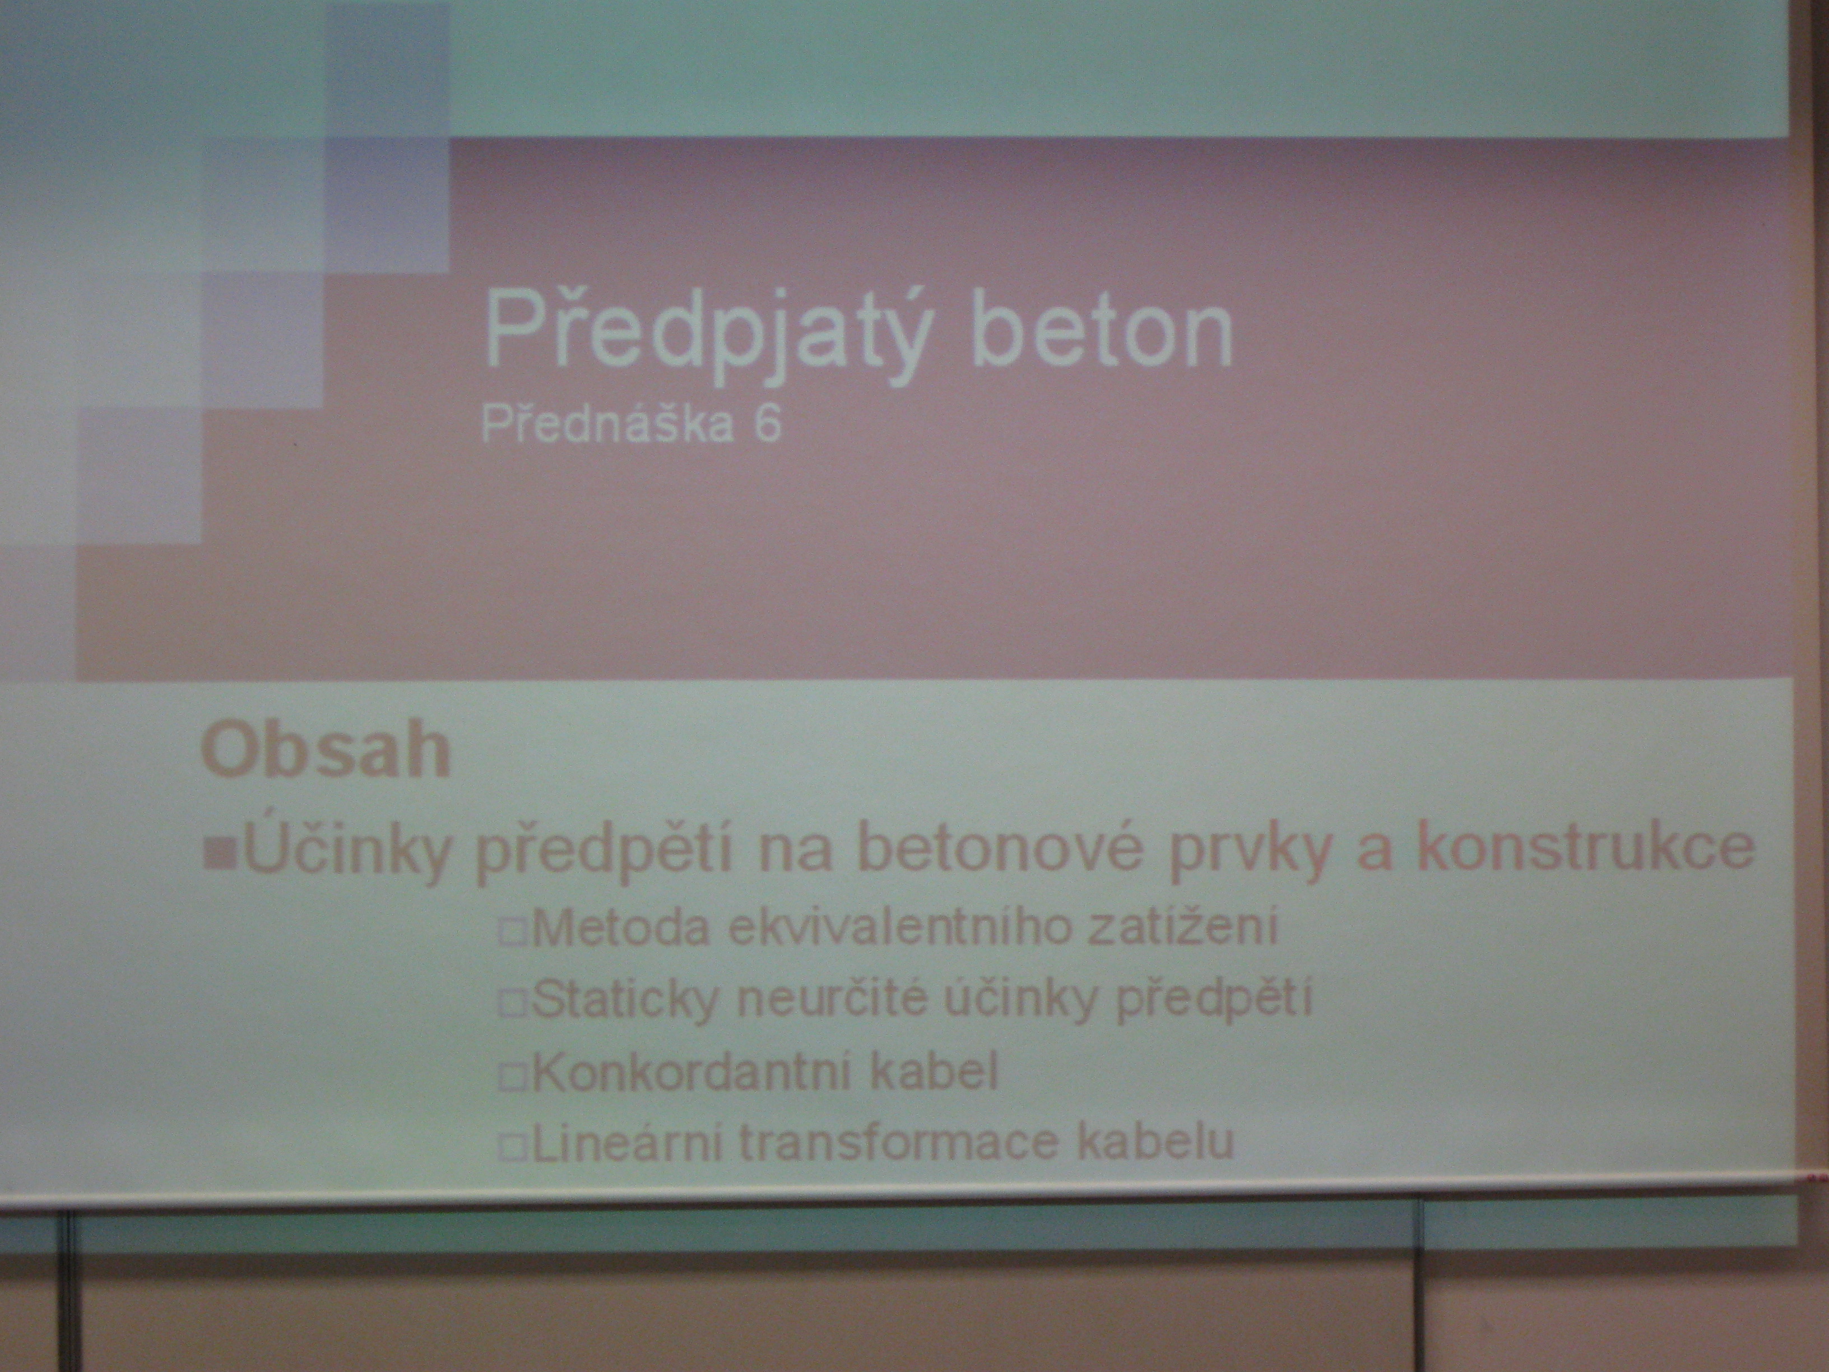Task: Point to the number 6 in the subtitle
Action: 768,428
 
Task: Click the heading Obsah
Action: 326,749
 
